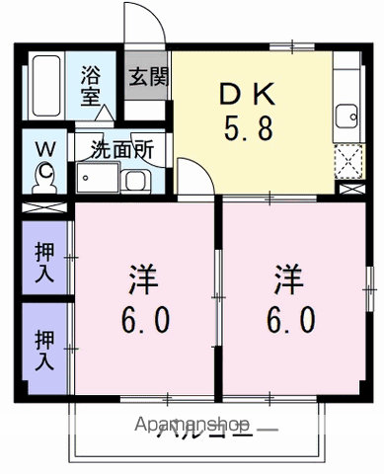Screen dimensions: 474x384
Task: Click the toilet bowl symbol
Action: pyautogui.click(x=44, y=176)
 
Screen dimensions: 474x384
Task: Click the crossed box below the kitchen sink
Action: pyautogui.click(x=347, y=158)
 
